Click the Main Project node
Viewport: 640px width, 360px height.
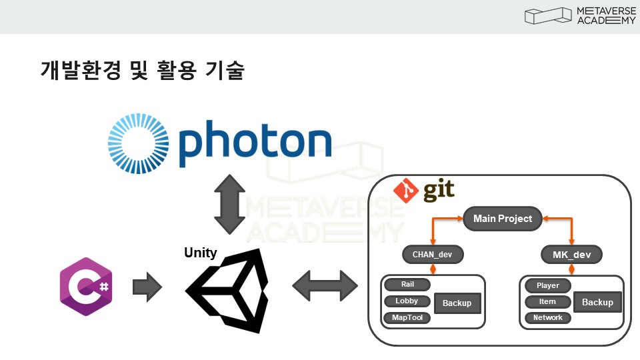[x=503, y=219]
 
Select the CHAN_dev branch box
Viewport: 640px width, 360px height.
[x=433, y=254]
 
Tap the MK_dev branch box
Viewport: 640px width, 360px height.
[x=571, y=254]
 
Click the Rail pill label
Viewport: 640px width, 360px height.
[x=407, y=285]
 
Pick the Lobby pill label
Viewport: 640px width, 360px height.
[x=407, y=301]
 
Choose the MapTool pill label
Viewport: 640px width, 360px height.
[x=407, y=318]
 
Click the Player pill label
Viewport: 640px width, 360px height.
[x=548, y=285]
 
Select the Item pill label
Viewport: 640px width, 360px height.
[x=548, y=302]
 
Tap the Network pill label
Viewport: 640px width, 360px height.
[x=548, y=318]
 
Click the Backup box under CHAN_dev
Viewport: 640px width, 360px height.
[x=457, y=303]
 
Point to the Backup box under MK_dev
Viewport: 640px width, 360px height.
[x=597, y=302]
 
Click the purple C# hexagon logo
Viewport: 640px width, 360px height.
[x=85, y=287]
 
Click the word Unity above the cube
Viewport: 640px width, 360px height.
[x=200, y=253]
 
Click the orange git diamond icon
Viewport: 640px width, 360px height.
[x=405, y=191]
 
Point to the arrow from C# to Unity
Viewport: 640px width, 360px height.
[x=147, y=287]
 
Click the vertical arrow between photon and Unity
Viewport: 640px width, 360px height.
[x=229, y=204]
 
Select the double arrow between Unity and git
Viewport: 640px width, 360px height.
[x=325, y=287]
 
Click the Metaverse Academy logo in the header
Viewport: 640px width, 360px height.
[x=580, y=16]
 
